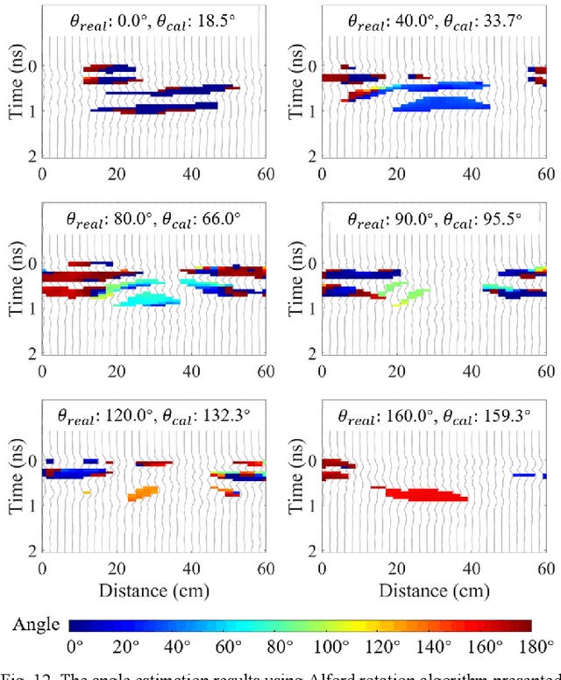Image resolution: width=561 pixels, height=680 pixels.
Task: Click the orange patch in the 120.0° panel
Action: pyautogui.click(x=143, y=492)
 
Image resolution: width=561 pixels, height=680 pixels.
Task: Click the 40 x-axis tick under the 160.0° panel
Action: pyautogui.click(x=472, y=567)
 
